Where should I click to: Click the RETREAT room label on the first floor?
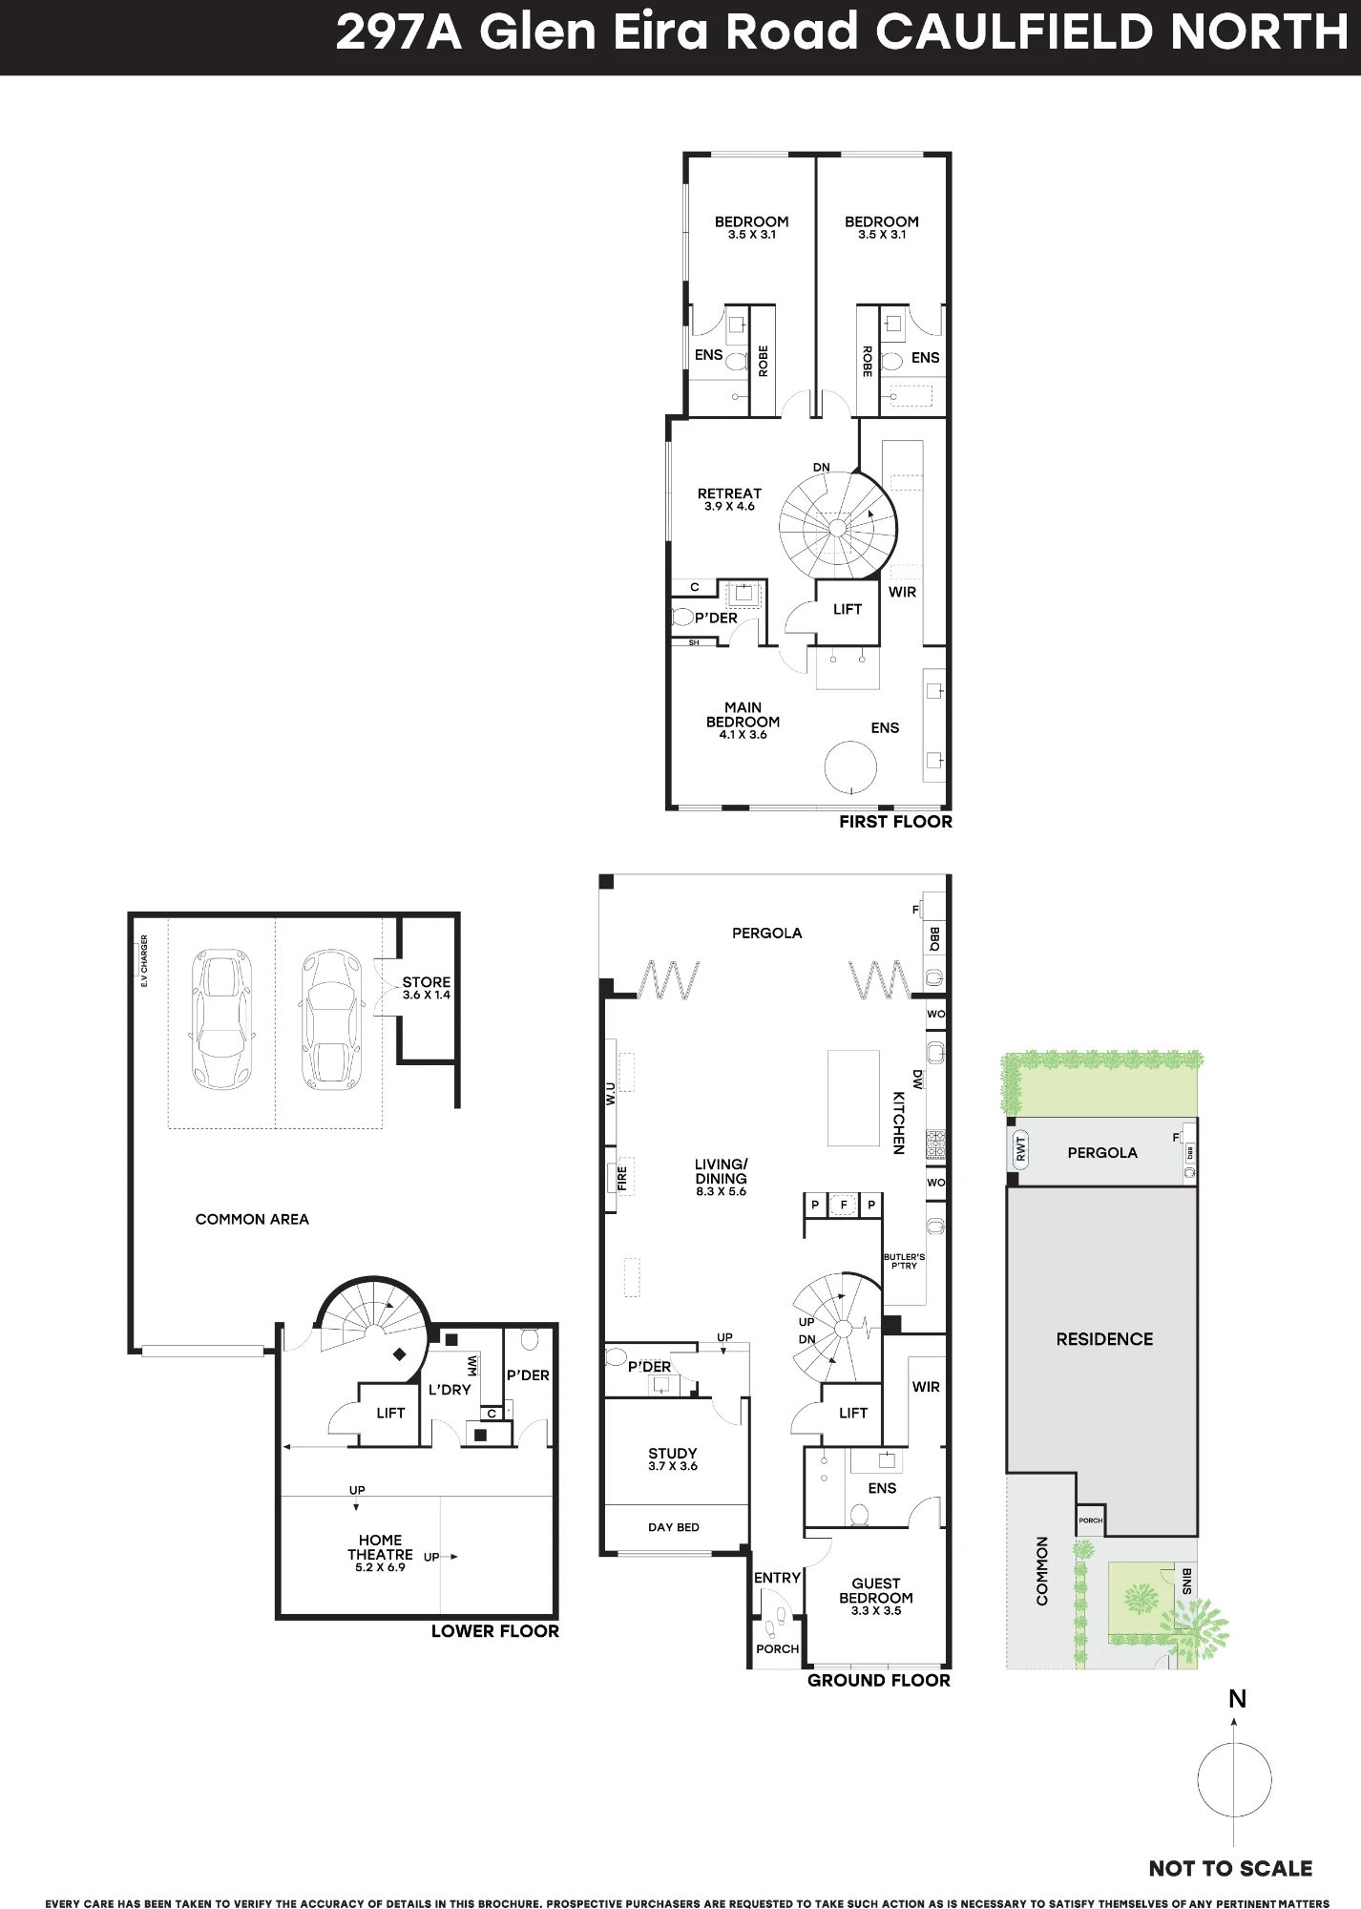729,493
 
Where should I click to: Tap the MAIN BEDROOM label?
743,715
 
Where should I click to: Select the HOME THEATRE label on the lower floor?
380,1547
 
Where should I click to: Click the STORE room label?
426,981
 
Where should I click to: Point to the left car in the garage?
220,1019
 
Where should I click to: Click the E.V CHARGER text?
144,960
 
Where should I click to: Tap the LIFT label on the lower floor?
390,1413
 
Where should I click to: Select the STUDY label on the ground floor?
673,1454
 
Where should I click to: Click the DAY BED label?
674,1527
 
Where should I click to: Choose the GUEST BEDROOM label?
876,1590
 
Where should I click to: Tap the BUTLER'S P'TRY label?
904,1261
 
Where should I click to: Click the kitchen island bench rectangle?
853,1098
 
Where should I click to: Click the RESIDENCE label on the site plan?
1104,1339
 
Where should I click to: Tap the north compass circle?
1234,1781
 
